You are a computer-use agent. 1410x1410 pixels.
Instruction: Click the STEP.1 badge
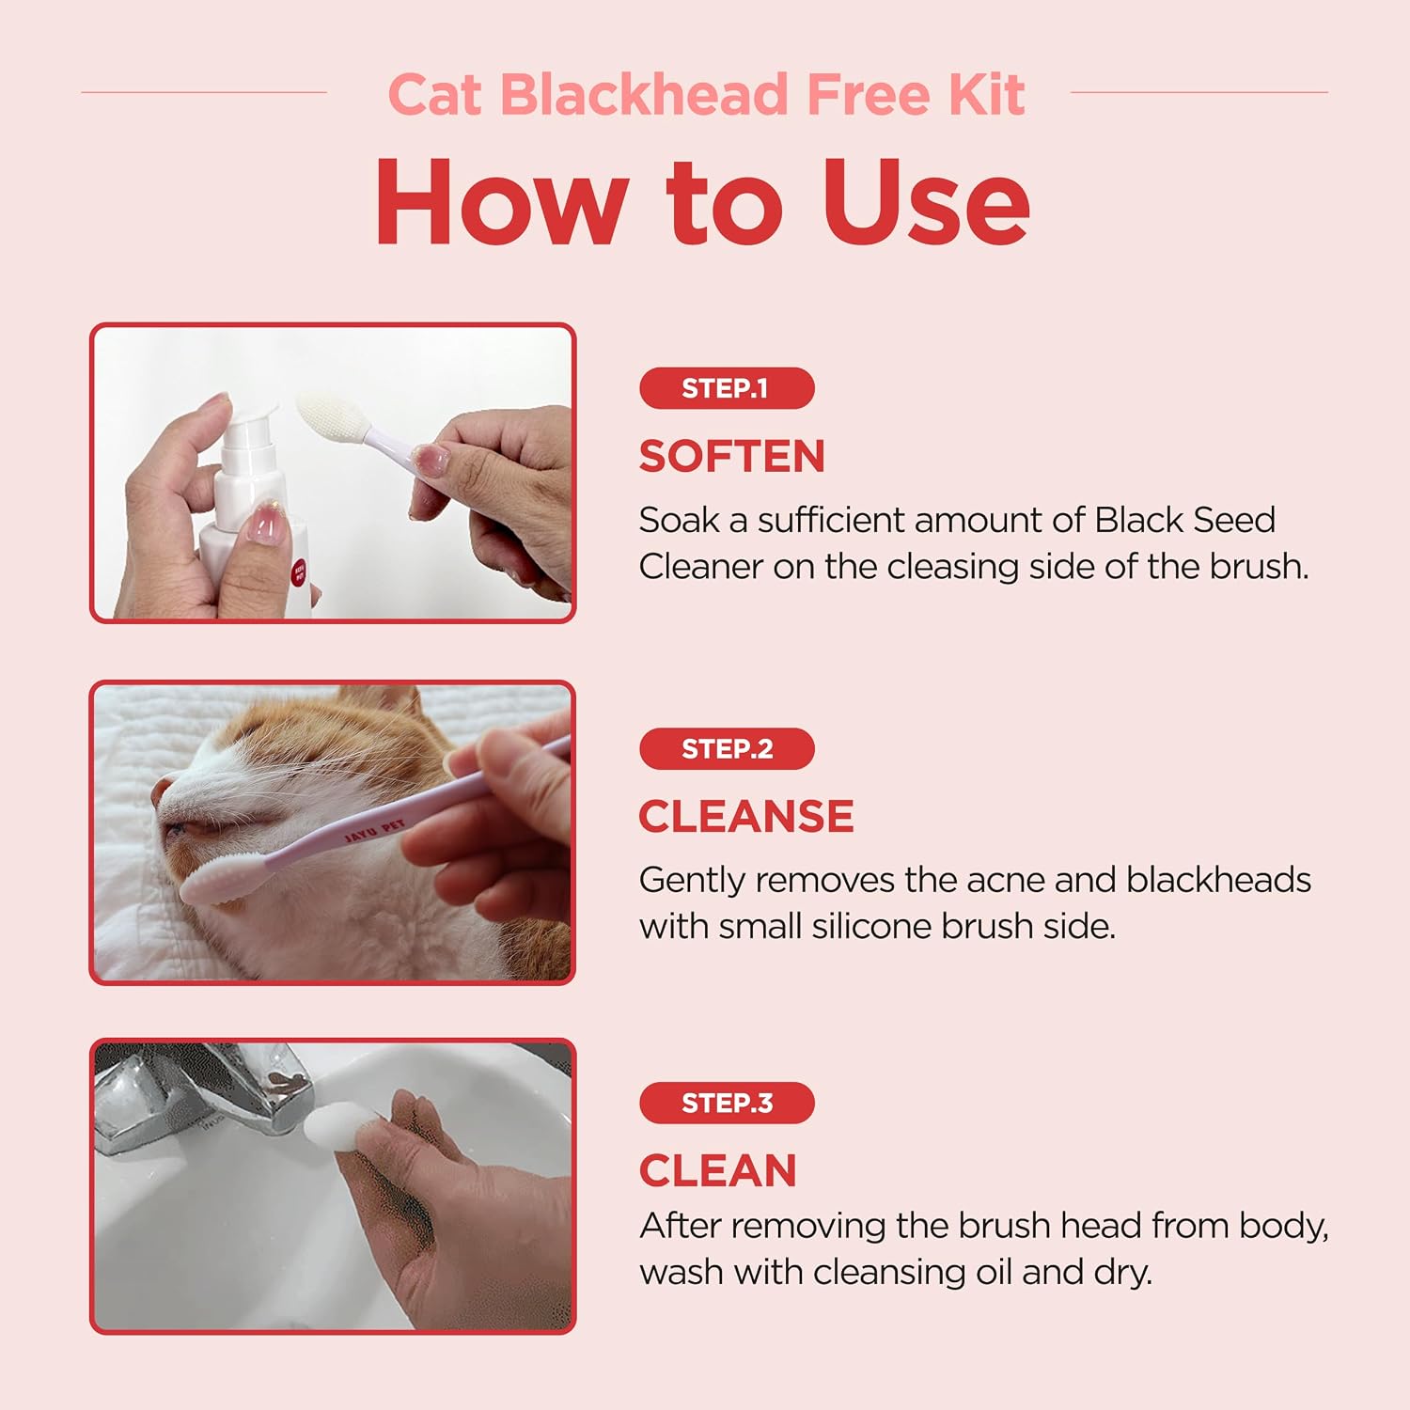[727, 388]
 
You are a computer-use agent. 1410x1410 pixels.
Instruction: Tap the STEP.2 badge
[727, 749]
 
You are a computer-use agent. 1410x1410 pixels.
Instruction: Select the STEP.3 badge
[727, 1103]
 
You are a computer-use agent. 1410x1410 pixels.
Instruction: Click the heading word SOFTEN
[732, 457]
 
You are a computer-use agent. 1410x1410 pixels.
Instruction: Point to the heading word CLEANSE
[746, 816]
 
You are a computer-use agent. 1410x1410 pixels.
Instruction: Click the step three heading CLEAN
[718, 1171]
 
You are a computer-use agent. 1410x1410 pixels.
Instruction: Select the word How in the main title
[501, 202]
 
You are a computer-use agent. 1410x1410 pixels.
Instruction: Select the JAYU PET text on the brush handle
[374, 831]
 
